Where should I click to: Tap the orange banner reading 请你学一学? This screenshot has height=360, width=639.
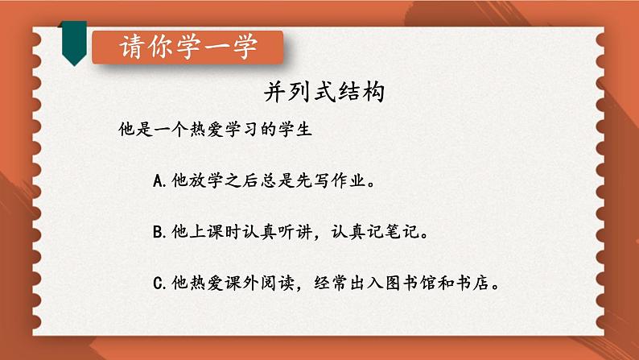[x=188, y=48]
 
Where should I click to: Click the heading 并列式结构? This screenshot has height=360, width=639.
[x=324, y=91]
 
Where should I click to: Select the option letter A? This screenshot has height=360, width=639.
[x=158, y=180]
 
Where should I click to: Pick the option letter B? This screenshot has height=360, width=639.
[x=158, y=232]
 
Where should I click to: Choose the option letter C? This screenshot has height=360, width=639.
[x=158, y=283]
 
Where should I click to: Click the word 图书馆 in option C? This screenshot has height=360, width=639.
[x=410, y=283]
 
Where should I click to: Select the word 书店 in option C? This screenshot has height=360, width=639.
[x=472, y=283]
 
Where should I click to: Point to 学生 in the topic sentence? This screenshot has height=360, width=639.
[x=295, y=129]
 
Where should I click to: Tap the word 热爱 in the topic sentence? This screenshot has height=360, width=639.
[x=206, y=129]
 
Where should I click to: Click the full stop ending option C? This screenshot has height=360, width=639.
[x=496, y=287]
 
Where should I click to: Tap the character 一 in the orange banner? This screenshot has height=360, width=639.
[x=216, y=48]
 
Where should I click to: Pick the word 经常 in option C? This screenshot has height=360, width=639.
[x=331, y=283]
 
